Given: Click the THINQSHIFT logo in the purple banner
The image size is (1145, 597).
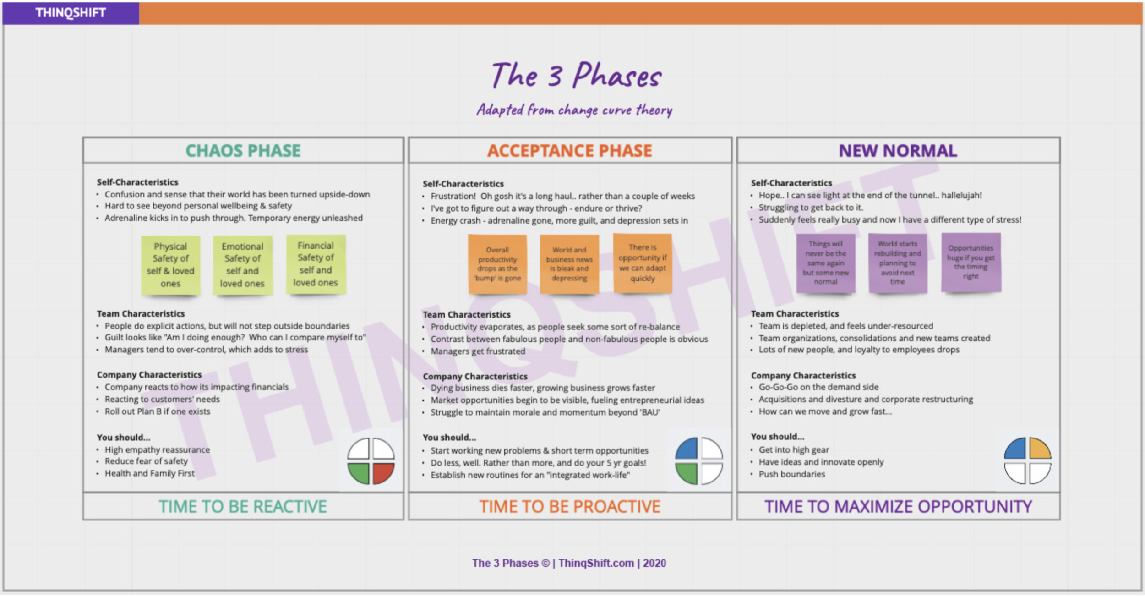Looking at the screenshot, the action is click(x=71, y=13).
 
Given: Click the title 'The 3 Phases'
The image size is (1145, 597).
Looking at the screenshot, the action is click(x=576, y=75).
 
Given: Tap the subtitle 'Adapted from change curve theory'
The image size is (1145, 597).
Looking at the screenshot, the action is click(x=574, y=110).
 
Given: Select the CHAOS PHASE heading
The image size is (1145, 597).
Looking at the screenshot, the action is click(x=243, y=151).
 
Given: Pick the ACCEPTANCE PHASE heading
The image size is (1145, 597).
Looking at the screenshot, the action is click(x=569, y=151).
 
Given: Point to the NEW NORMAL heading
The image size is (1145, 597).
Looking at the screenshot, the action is click(x=898, y=151).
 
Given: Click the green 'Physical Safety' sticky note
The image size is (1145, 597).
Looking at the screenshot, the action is click(x=170, y=265).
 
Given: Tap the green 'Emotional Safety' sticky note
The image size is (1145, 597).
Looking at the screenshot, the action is click(x=242, y=265).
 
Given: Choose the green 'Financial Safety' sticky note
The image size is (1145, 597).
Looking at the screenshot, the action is click(x=316, y=264).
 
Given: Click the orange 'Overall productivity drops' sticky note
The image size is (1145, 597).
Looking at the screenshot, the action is click(x=497, y=264).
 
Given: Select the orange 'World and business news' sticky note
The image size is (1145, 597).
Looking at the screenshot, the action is click(x=569, y=264).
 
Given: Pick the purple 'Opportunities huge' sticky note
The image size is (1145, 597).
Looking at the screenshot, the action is click(x=971, y=262).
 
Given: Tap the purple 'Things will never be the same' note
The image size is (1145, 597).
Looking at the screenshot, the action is click(x=825, y=263).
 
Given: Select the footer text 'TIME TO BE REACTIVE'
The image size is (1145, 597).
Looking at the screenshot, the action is click(x=243, y=507).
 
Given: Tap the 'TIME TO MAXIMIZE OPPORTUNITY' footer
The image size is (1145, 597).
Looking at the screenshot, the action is click(x=898, y=507).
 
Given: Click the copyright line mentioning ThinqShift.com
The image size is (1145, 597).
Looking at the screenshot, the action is click(x=569, y=563).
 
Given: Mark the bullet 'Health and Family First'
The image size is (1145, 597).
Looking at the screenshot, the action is click(x=149, y=473).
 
